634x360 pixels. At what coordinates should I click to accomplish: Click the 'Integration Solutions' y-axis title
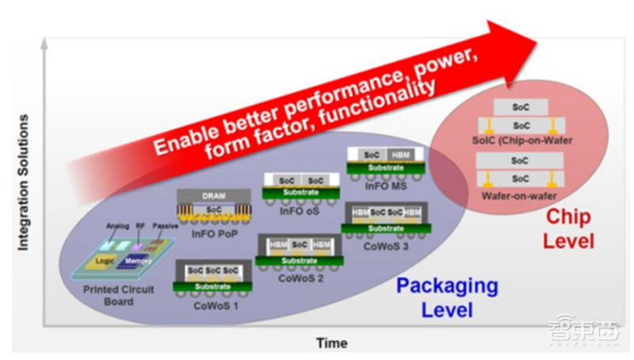coord(24,182)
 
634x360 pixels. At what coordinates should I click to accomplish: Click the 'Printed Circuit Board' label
coord(119,295)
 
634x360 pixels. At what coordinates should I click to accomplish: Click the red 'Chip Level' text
coord(567,228)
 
